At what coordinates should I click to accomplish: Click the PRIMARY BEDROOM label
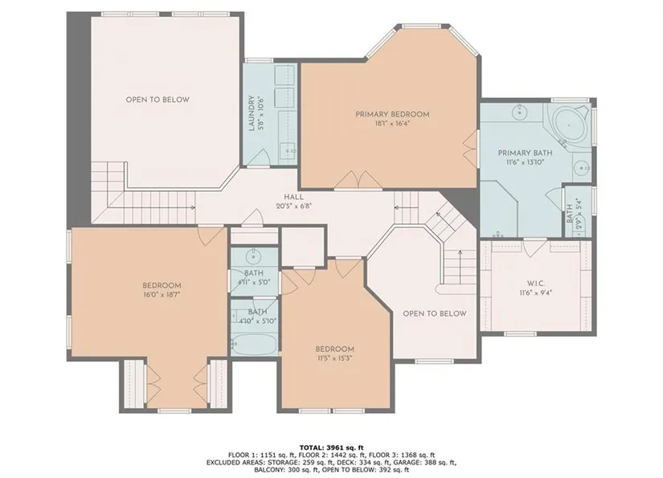pyautogui.click(x=392, y=114)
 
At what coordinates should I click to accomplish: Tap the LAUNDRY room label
pyautogui.click(x=252, y=113)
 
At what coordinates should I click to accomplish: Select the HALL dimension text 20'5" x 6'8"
pyautogui.click(x=293, y=206)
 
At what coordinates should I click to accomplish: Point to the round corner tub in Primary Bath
pyautogui.click(x=569, y=125)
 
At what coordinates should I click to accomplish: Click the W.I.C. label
pyautogui.click(x=536, y=284)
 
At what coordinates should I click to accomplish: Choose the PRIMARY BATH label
pyautogui.click(x=525, y=153)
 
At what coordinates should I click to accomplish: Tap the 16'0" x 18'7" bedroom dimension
pyautogui.click(x=162, y=294)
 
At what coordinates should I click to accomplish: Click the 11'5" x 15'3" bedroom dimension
pyautogui.click(x=334, y=358)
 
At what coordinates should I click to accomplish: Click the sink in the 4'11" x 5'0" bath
pyautogui.click(x=253, y=255)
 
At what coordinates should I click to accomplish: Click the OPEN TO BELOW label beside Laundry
pyautogui.click(x=158, y=100)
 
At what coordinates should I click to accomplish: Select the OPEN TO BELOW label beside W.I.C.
pyautogui.click(x=434, y=313)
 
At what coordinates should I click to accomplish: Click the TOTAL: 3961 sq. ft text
pyautogui.click(x=331, y=447)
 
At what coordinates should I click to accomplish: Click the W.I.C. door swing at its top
pyautogui.click(x=535, y=247)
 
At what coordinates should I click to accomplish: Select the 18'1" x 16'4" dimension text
pyautogui.click(x=392, y=124)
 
